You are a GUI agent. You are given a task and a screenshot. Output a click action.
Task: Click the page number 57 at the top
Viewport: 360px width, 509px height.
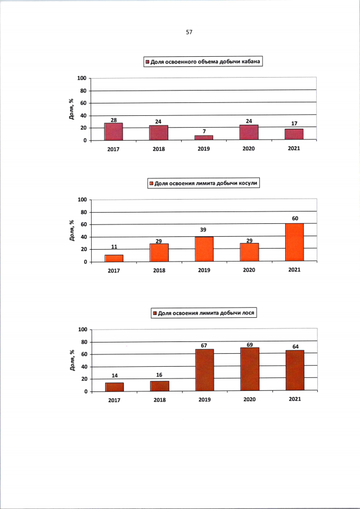[189, 32]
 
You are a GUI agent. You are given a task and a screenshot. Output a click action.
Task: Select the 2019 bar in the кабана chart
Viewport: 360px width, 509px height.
[204, 137]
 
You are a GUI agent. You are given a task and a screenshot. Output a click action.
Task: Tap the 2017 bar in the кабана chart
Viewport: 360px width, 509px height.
[113, 132]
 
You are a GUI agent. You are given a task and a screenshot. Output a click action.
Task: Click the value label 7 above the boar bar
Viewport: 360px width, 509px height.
[204, 131]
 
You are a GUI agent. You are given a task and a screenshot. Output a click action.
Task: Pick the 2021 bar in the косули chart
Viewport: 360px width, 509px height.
[294, 242]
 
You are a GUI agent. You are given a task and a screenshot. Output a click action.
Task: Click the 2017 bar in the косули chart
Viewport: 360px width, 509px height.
[114, 258]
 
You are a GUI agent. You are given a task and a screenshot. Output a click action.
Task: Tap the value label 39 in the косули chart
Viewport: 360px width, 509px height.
[204, 231]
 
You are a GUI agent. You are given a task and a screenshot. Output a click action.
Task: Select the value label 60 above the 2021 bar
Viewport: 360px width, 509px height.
[294, 218]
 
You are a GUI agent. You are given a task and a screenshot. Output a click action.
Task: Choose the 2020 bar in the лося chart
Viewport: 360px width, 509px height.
[249, 369]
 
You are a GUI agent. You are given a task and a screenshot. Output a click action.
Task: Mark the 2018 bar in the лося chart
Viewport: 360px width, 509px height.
[159, 386]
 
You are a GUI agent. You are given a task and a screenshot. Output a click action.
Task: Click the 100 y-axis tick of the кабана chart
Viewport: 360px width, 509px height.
[82, 79]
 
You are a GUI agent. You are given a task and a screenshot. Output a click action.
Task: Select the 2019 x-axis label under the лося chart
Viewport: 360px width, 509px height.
[204, 400]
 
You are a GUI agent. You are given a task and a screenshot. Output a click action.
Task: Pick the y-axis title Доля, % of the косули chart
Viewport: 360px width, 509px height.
[73, 231]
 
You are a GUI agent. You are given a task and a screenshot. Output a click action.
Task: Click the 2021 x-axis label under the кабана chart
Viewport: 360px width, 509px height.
[294, 148]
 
